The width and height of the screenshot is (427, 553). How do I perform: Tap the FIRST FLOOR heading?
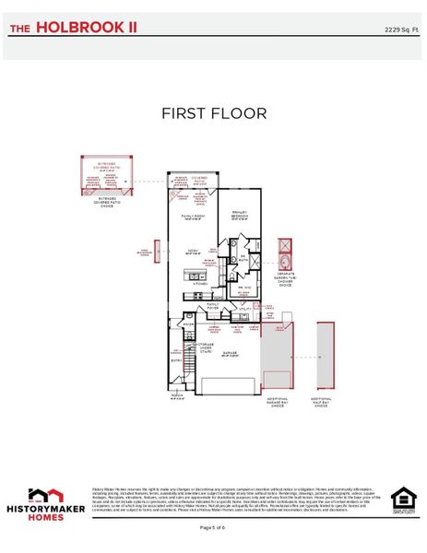(213, 113)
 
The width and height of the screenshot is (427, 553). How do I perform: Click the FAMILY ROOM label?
(193, 216)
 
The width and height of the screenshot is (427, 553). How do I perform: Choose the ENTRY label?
(176, 361)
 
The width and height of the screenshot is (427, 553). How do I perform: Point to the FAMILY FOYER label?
(213, 305)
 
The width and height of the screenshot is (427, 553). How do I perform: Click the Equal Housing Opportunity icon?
(403, 499)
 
